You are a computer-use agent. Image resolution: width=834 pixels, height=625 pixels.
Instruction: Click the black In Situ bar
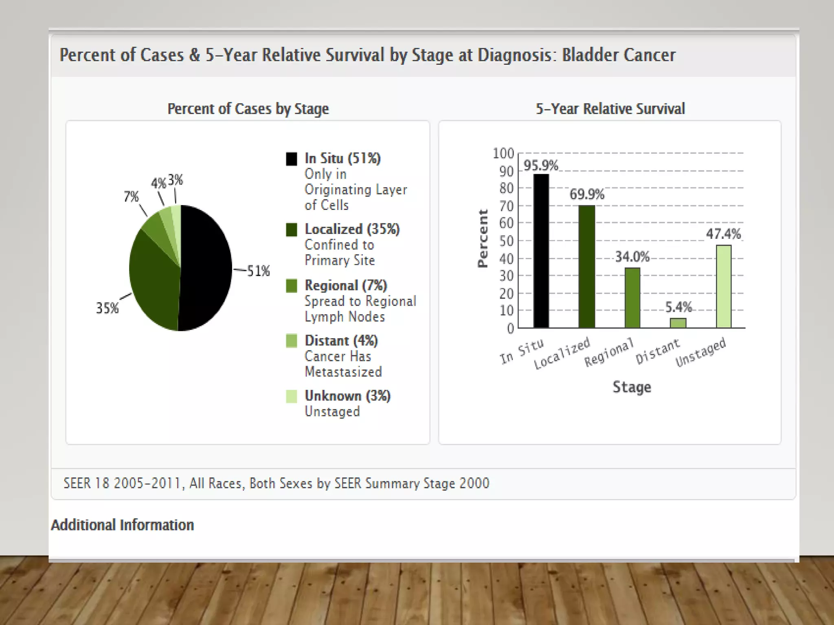click(541, 251)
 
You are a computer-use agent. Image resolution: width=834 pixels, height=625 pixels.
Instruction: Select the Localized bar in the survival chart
click(586, 267)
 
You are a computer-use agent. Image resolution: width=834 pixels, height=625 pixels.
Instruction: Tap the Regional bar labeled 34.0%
click(632, 298)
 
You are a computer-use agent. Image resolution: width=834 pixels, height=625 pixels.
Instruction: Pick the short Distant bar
click(678, 323)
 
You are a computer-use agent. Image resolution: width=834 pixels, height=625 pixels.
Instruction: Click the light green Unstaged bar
click(724, 286)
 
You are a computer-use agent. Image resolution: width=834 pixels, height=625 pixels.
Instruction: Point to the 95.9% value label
click(540, 166)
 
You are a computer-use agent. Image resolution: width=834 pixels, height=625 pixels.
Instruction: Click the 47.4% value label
click(723, 234)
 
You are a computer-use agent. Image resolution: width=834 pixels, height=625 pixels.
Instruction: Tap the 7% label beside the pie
click(131, 197)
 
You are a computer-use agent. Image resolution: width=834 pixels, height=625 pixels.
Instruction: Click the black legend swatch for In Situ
click(291, 159)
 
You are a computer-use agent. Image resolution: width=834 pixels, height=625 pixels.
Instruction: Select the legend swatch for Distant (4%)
click(291, 341)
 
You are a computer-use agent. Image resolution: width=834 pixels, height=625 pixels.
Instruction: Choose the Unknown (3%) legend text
click(347, 396)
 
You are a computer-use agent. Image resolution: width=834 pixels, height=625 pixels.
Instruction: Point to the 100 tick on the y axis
click(503, 153)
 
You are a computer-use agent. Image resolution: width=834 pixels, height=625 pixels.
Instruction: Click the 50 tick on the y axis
click(506, 241)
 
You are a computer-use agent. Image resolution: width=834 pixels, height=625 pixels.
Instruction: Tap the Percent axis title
click(483, 238)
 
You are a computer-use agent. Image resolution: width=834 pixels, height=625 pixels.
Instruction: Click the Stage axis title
click(632, 387)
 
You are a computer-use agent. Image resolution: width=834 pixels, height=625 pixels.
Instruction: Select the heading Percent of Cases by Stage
click(248, 109)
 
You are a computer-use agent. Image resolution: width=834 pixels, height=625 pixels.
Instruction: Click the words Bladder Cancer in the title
click(619, 55)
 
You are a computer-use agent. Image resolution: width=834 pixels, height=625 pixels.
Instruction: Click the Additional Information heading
click(122, 525)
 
